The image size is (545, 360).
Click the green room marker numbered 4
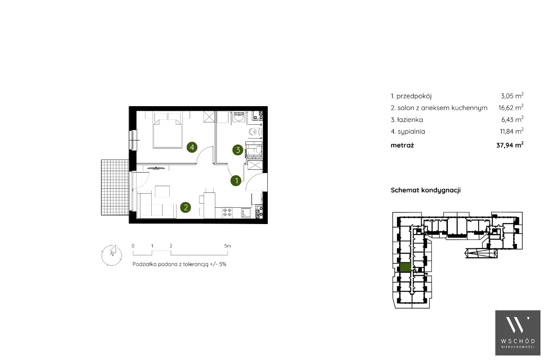(192, 147)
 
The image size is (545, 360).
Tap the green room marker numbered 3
(238, 150)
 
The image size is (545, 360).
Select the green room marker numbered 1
(236, 181)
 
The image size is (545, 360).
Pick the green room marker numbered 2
(186, 208)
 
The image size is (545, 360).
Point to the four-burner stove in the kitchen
(227, 212)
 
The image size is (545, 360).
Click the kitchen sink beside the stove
(246, 213)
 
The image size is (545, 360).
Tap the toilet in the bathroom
(255, 132)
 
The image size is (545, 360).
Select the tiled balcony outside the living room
(115, 187)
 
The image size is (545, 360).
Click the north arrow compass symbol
(112, 255)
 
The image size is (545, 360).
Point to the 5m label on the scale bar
(228, 246)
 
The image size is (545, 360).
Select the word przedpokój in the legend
(414, 96)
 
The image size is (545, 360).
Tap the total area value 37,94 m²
(510, 145)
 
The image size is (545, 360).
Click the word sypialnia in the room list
(411, 132)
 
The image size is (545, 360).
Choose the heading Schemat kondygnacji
(425, 190)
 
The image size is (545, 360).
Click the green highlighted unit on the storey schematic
(405, 267)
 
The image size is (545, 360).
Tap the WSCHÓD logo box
(518, 333)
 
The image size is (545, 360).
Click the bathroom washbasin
(239, 117)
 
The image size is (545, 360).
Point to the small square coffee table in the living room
(162, 192)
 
